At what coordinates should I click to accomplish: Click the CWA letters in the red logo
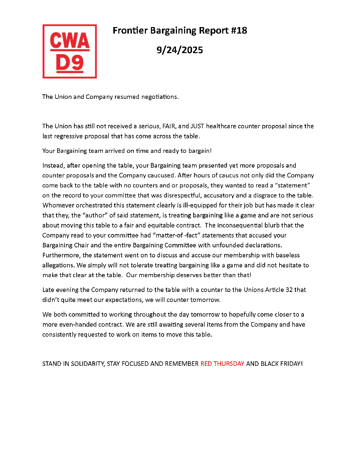point(70,41)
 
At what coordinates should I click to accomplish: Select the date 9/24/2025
point(179,50)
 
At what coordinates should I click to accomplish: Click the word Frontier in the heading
point(130,31)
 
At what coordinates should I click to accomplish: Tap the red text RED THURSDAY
point(223,363)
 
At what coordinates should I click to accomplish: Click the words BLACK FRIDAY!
point(282,363)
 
